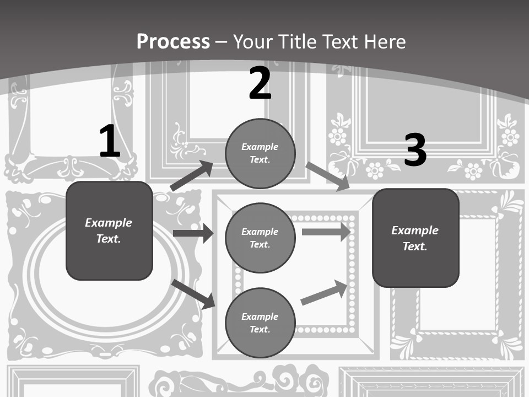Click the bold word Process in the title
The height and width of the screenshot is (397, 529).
[173, 42]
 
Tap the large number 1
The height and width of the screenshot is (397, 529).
[110, 142]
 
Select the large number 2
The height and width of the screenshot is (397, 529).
[260, 83]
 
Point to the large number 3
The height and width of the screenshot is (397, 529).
[415, 151]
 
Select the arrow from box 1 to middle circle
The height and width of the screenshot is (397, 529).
[193, 233]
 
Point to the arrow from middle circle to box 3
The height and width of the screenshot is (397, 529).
[326, 232]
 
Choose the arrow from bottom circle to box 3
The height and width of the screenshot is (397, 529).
[324, 293]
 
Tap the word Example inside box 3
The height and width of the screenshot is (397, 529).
[415, 230]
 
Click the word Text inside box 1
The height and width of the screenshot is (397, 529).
[109, 239]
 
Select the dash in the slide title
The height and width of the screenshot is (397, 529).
[222, 42]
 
